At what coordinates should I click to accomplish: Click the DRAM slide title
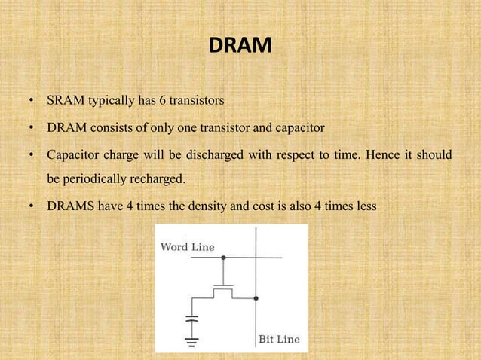click(240, 47)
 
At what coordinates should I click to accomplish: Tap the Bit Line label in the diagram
click(279, 339)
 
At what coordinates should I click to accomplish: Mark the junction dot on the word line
click(223, 258)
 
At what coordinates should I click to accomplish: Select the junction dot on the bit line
click(256, 298)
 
